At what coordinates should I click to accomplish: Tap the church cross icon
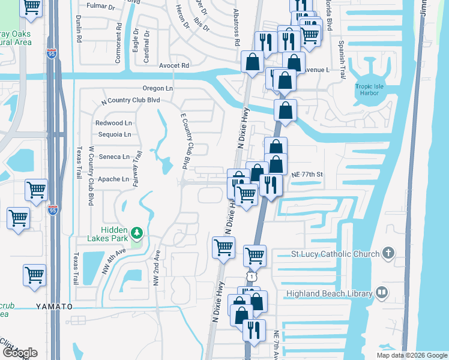point(388,253)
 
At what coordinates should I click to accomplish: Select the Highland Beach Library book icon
point(381,292)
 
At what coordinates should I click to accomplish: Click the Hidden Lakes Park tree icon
point(137,232)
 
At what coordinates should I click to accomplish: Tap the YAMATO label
point(54,307)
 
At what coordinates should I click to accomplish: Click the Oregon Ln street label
point(158,88)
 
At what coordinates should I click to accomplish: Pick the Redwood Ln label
point(113,123)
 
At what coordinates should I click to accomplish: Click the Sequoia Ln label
point(114,134)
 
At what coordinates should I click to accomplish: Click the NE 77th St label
point(307,175)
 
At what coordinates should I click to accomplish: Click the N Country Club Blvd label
point(131,101)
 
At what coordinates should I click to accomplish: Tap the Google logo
point(19,353)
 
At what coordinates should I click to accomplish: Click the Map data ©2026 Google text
point(412,355)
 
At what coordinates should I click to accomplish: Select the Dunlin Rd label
point(79,29)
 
